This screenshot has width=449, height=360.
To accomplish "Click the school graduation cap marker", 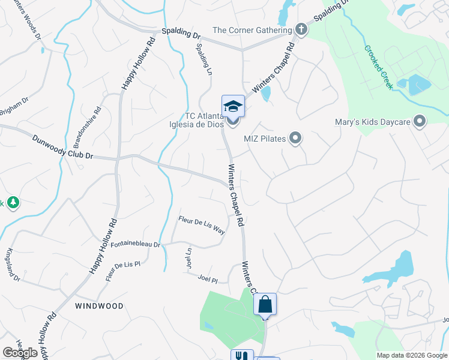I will pos(233,107).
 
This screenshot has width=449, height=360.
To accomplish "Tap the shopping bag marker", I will pos(265,304).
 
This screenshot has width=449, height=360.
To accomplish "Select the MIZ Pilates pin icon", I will pos(295,139).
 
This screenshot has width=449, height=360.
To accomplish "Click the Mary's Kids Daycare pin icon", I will pos(420,122).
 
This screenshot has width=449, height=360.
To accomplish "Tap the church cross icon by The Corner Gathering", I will pos(301,30).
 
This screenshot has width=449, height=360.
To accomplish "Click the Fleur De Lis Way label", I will pos(202,225).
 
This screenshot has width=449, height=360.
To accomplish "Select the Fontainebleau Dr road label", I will pos(136,245).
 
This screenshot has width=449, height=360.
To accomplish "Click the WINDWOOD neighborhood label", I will pos(100,306).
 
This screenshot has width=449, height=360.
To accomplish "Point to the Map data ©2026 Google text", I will pos(411,355).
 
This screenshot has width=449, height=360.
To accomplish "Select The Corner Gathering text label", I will pos(252,30).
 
